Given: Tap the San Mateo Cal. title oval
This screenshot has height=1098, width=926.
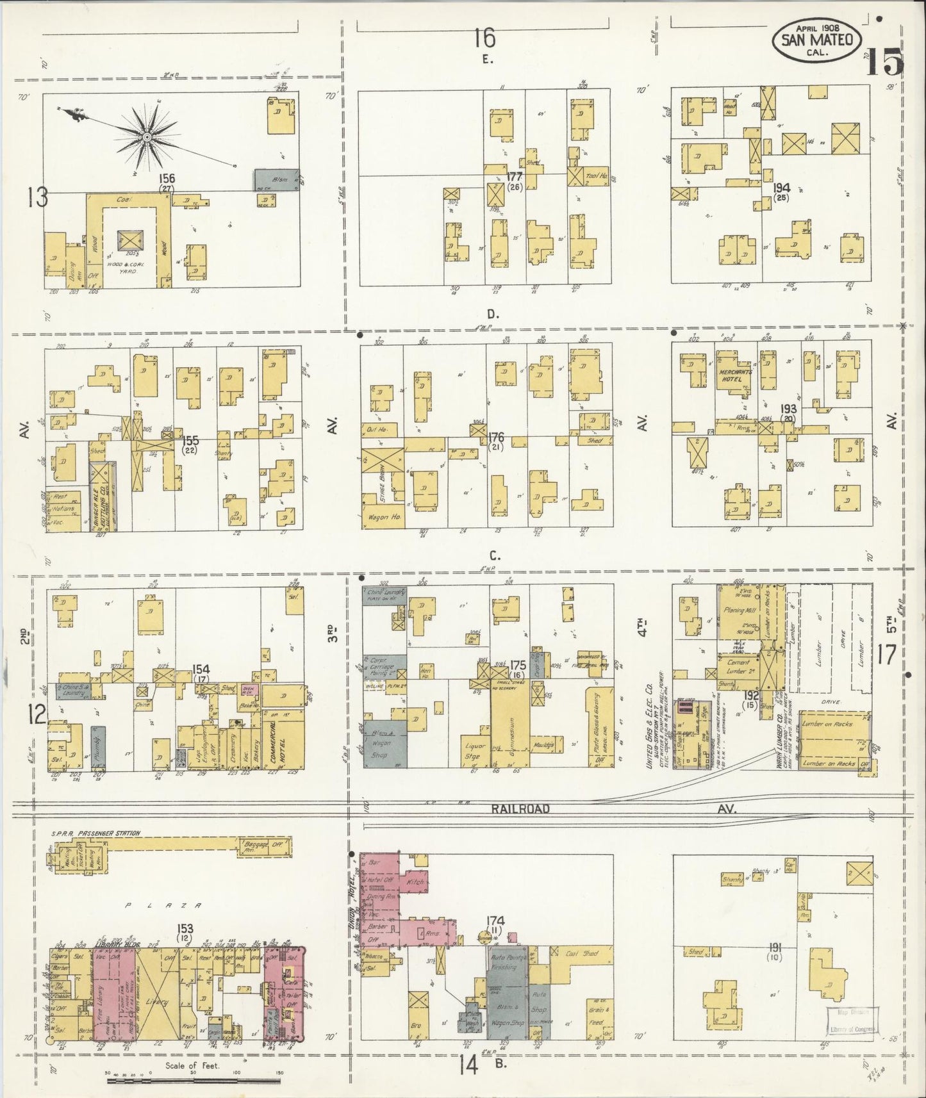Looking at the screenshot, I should click(x=816, y=40).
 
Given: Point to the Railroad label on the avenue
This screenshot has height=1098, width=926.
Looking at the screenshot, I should click(x=521, y=808).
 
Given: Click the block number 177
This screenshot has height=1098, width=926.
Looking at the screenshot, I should click(x=513, y=176).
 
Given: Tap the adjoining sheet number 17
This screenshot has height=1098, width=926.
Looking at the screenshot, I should click(x=887, y=655).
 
